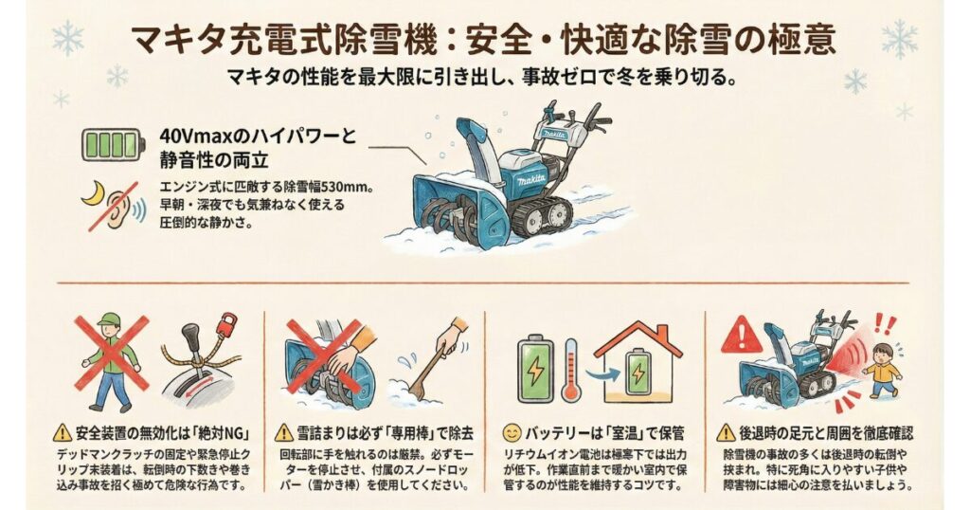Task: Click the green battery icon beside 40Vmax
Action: [113, 146]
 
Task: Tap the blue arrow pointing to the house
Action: [599, 373]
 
